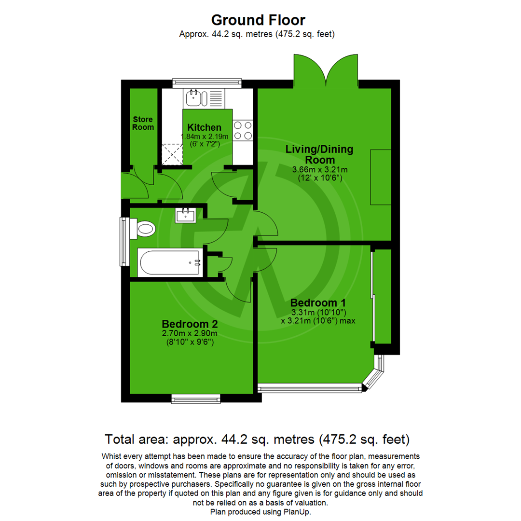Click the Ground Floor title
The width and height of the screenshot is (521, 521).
pyautogui.click(x=258, y=20)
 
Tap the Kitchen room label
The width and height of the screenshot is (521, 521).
pyautogui.click(x=204, y=127)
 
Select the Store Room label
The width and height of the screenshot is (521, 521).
pyautogui.click(x=143, y=123)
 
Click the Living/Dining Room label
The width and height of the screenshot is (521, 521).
pyautogui.click(x=320, y=154)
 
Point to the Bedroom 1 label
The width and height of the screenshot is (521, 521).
pyautogui.click(x=318, y=303)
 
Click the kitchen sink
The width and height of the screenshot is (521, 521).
pyautogui.click(x=196, y=98)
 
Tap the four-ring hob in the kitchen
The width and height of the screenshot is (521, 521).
pyautogui.click(x=244, y=130)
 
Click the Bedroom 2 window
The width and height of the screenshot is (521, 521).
pyautogui.click(x=196, y=398)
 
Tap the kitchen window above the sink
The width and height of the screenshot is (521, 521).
pyautogui.click(x=206, y=82)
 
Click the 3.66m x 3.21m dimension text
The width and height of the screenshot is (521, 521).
pyautogui.click(x=320, y=170)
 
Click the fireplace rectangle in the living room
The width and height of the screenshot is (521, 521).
pyautogui.click(x=380, y=177)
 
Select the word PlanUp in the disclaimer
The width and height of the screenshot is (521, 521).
pyautogui.click(x=300, y=511)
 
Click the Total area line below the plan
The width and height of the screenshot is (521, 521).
pyautogui.click(x=258, y=439)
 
